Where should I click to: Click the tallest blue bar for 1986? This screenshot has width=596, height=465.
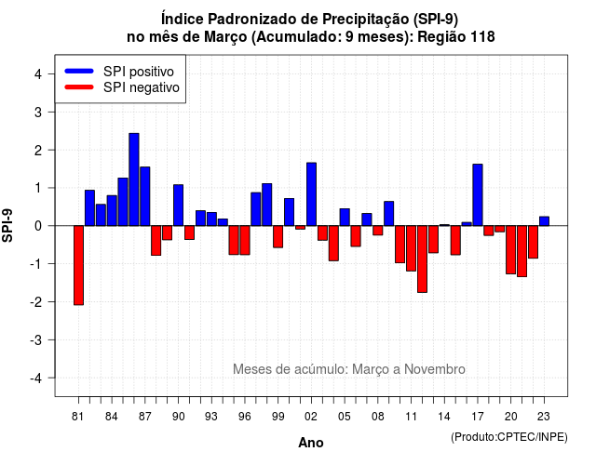[x=134, y=179]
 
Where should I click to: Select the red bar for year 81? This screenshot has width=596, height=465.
[x=78, y=265]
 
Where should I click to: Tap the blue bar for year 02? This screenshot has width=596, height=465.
[x=312, y=194]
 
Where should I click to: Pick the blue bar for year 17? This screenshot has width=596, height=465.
[x=478, y=195]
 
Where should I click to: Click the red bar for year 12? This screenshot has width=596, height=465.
[x=422, y=259]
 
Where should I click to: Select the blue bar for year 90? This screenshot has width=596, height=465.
[x=178, y=206]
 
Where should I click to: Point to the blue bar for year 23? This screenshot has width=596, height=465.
[x=544, y=221]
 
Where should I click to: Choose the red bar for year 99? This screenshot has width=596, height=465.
[x=278, y=237]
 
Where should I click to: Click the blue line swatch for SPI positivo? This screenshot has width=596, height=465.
[x=79, y=71]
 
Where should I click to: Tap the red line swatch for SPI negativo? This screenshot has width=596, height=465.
[x=79, y=86]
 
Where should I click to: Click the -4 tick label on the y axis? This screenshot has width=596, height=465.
[x=36, y=379]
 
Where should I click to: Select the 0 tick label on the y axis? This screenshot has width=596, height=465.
[x=38, y=226]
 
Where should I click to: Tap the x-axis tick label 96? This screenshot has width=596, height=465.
[x=245, y=417]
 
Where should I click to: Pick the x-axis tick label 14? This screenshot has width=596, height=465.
[x=444, y=417]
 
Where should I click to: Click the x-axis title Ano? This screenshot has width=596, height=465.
[x=311, y=443]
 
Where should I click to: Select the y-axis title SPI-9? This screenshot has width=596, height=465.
[x=7, y=225]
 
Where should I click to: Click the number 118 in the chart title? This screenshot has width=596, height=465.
[x=482, y=37]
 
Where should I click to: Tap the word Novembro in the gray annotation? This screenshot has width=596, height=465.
[x=435, y=369]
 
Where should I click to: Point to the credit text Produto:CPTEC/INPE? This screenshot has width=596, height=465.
[x=509, y=437]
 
